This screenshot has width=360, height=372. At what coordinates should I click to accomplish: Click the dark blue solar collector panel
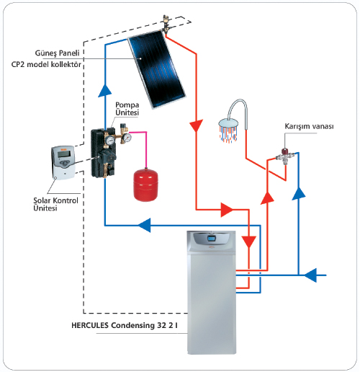pos(157,69)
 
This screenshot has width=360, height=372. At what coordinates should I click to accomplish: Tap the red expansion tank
pos(145,185)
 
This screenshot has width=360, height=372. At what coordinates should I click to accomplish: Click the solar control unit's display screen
pos(63,154)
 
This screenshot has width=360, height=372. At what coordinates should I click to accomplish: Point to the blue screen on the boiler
pos(212,239)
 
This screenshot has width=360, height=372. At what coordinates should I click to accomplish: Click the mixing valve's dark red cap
pos(285,151)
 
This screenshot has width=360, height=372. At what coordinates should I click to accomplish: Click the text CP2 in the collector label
pos(18,64)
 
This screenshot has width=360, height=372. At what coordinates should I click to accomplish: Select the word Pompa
pos(127,105)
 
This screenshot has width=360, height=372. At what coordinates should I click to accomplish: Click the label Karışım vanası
pos(309,126)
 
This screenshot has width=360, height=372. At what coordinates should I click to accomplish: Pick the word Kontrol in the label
pos(66,200)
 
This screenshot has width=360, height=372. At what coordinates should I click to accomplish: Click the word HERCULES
pos(90,325)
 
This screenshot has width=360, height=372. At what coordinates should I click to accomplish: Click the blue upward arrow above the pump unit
pos(105,90)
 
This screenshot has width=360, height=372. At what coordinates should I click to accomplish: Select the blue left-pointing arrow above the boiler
pos(144,226)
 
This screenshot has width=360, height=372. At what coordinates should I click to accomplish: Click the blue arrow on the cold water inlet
pos(310,275)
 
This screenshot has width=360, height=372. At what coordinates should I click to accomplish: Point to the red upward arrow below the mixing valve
pos(267,198)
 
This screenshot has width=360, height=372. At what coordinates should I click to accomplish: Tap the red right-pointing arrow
pos(226,210)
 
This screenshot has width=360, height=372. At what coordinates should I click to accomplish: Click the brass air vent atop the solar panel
pos(166,23)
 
